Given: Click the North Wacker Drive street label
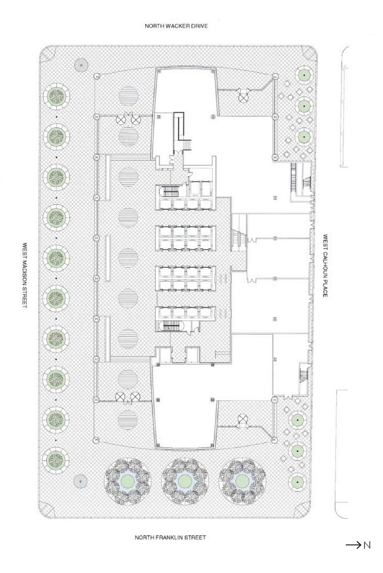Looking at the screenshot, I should (x=176, y=26).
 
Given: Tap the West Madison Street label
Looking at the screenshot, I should (x=24, y=277).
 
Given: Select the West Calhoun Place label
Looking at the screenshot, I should (x=326, y=265).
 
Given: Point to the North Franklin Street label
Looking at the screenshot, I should (x=170, y=537).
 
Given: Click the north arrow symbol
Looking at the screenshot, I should (x=353, y=545).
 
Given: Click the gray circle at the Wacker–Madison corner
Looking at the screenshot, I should (x=79, y=64).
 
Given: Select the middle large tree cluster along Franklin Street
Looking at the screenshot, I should (x=184, y=481).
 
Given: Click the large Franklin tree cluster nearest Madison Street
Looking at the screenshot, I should (x=126, y=481).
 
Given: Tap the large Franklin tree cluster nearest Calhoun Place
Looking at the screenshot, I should (x=241, y=481).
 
